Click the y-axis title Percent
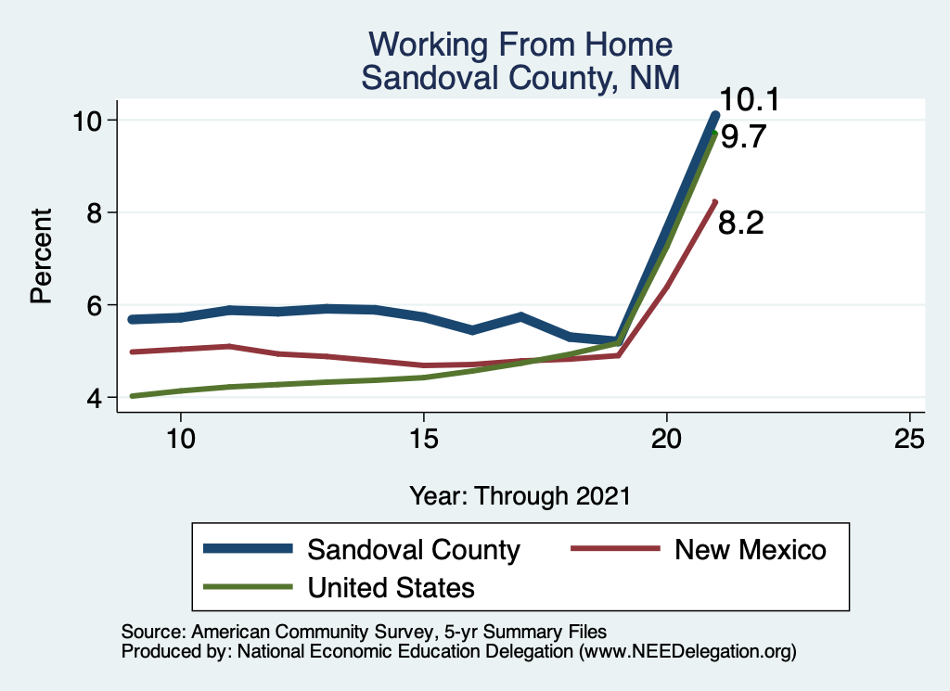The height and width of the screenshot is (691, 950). point(41,258)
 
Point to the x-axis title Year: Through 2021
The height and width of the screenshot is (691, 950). point(520,496)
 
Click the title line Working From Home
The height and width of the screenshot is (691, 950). point(520,45)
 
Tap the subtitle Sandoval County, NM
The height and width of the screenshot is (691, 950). point(520,78)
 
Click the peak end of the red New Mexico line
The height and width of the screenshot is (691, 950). point(714,202)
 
